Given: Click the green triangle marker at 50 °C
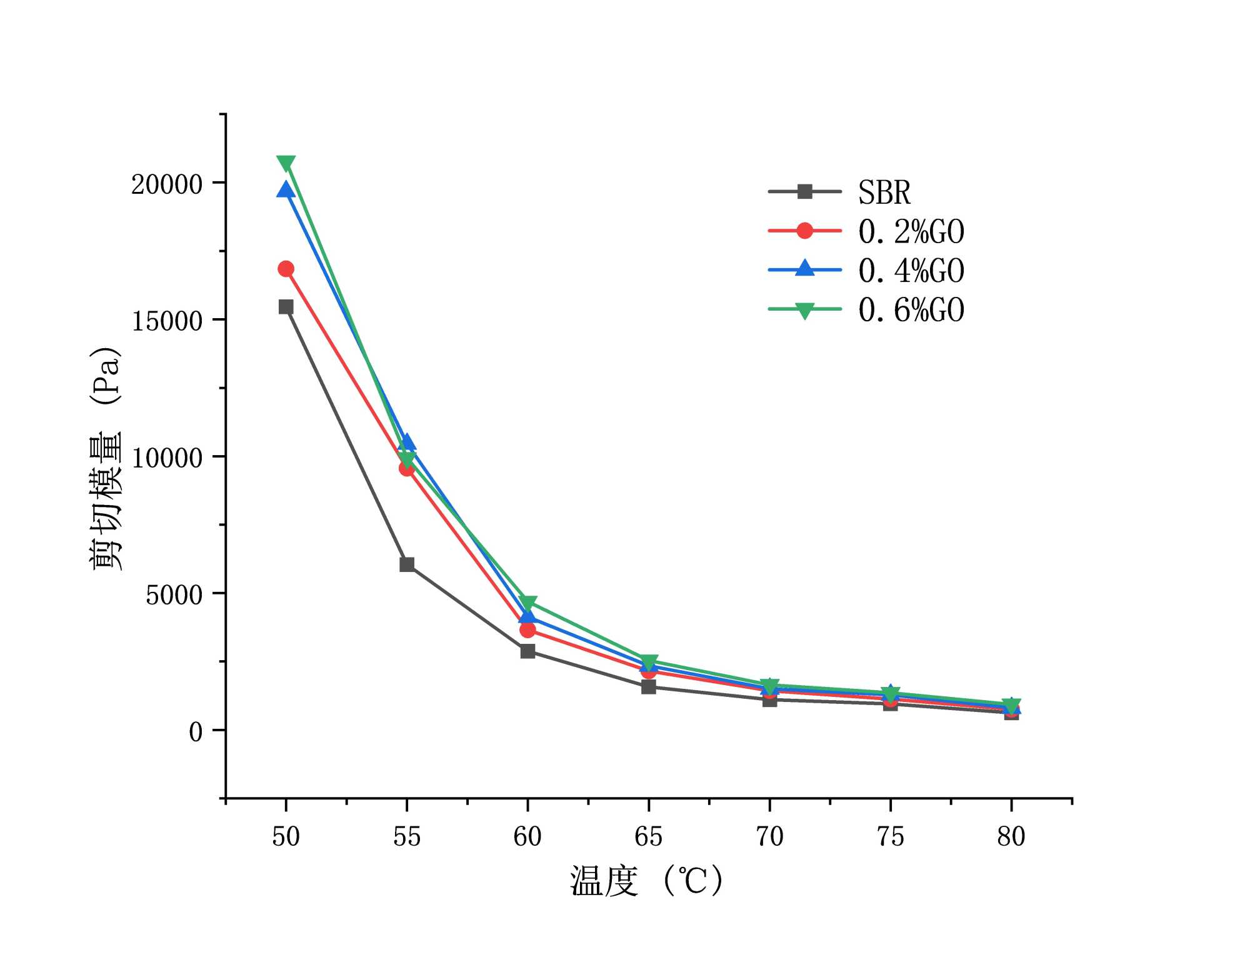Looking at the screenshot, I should [x=286, y=164].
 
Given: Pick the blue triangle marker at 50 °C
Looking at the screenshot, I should [x=286, y=190].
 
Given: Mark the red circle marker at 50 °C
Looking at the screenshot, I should [x=286, y=269].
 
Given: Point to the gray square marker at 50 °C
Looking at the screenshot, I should [x=286, y=306].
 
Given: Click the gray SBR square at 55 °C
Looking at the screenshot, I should [x=407, y=564].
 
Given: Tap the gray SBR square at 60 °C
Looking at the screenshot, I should [x=527, y=651].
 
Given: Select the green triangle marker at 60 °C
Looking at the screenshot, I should [x=527, y=603].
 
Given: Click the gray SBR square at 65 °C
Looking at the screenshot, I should [x=649, y=687].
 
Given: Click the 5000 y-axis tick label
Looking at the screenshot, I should [x=174, y=594].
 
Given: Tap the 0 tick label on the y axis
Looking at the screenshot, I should [x=196, y=731].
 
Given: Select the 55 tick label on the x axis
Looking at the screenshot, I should [x=407, y=836].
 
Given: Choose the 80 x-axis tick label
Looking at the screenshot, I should [x=1011, y=836].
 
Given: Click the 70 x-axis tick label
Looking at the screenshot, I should [x=769, y=836].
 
